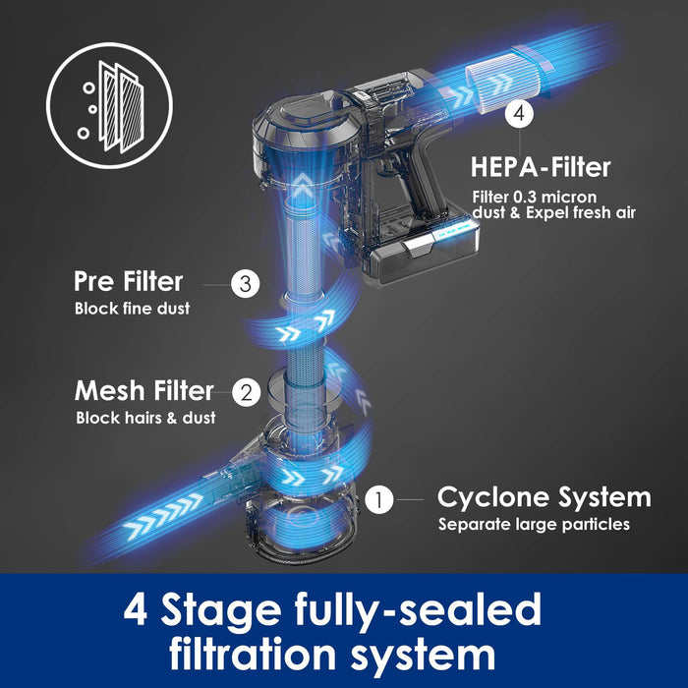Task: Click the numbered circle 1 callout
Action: click(379, 499)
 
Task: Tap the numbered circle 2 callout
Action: click(247, 392)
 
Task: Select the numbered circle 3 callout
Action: click(246, 285)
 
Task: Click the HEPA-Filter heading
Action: click(542, 166)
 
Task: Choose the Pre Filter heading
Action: click(128, 282)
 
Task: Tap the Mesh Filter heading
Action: click(144, 391)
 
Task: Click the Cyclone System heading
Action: click(544, 496)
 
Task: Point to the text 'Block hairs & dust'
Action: click(144, 418)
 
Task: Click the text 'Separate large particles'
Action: click(534, 524)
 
